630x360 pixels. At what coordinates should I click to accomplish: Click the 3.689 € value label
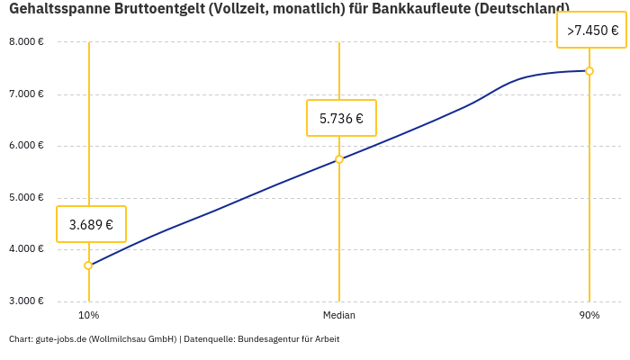(91, 224)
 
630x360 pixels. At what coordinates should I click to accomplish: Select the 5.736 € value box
(341, 118)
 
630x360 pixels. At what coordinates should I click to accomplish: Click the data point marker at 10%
(88, 265)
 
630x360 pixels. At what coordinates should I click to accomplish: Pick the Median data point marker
(339, 159)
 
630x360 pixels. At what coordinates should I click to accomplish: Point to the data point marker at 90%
(589, 71)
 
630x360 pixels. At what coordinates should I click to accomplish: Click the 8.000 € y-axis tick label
(26, 42)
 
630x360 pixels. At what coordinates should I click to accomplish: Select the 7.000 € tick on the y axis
(26, 94)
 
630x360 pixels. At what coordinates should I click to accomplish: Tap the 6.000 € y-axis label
(26, 146)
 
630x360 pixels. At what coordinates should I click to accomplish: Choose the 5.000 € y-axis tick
(26, 197)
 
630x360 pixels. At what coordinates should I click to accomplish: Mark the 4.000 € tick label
(26, 249)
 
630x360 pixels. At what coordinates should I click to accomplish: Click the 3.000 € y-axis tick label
(26, 301)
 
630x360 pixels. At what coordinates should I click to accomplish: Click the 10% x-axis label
(88, 315)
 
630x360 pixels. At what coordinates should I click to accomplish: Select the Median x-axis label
(339, 315)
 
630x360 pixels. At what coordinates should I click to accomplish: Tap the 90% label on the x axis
(589, 315)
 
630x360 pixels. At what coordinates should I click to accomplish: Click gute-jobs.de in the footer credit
(60, 339)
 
